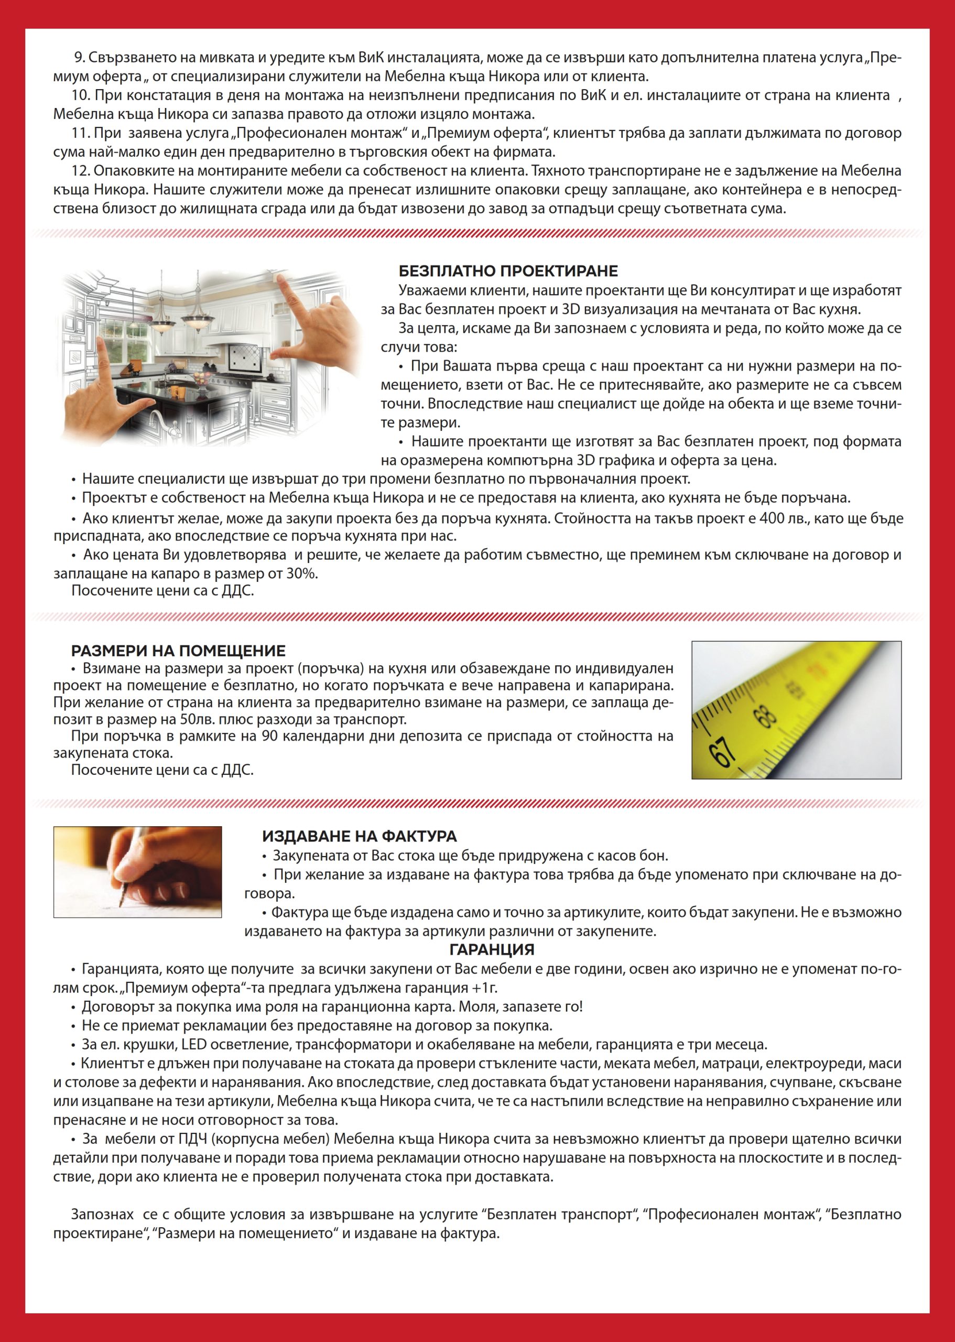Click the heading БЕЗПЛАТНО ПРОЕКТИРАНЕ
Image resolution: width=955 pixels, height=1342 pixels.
(508, 271)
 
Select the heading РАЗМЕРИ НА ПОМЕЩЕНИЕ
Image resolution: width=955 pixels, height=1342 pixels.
(178, 651)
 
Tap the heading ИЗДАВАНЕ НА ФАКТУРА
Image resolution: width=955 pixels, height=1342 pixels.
(359, 836)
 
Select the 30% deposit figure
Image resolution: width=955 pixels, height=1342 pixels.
(302, 573)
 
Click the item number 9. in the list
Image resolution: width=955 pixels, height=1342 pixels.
(80, 58)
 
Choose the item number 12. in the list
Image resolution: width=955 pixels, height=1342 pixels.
(81, 171)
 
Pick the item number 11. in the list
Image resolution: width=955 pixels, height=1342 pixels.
(81, 134)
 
